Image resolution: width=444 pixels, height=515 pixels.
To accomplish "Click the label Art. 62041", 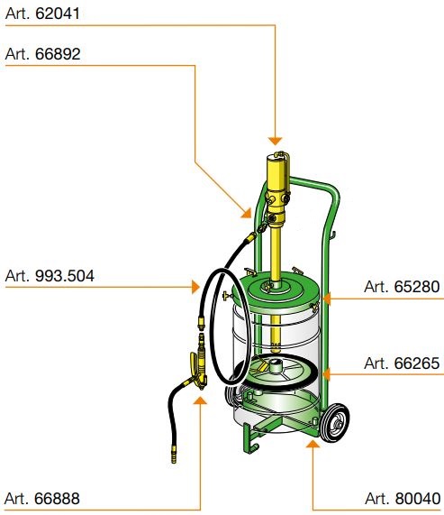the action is [42, 14].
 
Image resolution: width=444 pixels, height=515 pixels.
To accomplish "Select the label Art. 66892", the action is [42, 54].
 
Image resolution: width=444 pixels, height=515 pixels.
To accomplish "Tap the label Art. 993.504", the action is [50, 276].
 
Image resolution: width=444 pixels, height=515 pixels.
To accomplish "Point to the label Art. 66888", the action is [42, 498].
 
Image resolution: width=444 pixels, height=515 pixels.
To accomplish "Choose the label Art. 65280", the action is [402, 287].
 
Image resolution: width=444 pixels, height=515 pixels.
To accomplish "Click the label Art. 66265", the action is [402, 363].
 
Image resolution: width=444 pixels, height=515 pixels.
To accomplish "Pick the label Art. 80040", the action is [403, 498].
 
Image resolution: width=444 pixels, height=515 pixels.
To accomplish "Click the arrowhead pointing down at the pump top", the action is [275, 141].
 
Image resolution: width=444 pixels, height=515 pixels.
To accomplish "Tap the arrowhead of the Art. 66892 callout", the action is [247, 213].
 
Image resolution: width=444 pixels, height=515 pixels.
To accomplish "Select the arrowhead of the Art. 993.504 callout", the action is [195, 287].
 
